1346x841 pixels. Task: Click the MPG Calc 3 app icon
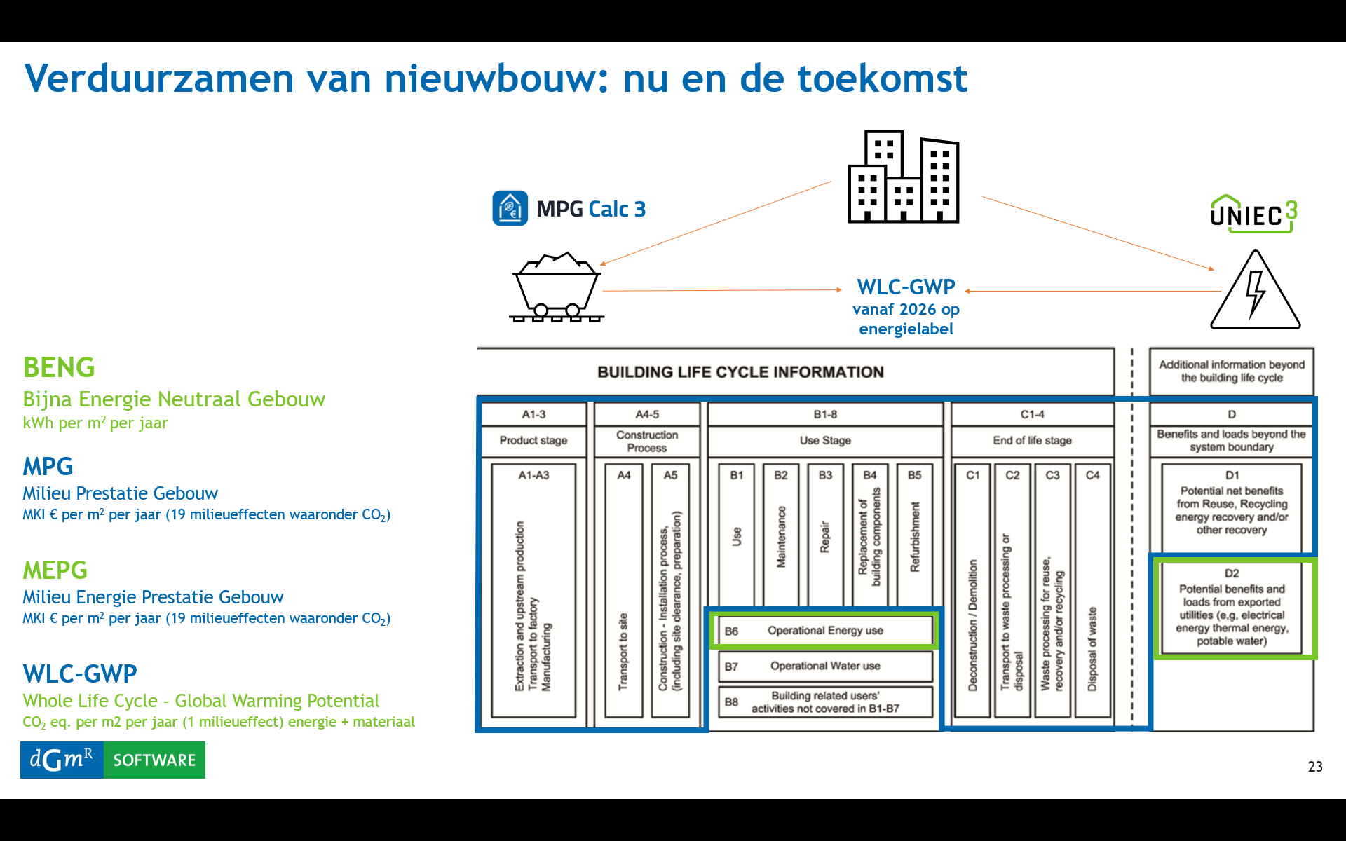point(510,208)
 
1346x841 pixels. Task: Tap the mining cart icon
point(557,287)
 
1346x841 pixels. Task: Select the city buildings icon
point(904,177)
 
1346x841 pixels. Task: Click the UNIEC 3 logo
point(1254,214)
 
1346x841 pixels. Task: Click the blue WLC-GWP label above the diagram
point(906,287)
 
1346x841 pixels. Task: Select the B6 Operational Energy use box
point(825,631)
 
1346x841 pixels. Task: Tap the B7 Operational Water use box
point(825,666)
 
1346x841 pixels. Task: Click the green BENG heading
point(59,367)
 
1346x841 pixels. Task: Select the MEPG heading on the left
point(55,570)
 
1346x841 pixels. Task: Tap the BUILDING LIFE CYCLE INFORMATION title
point(740,372)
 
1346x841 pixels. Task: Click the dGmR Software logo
point(113,760)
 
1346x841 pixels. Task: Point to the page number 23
point(1315,767)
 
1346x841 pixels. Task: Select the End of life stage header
point(1033,440)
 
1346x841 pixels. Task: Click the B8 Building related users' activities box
point(825,702)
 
